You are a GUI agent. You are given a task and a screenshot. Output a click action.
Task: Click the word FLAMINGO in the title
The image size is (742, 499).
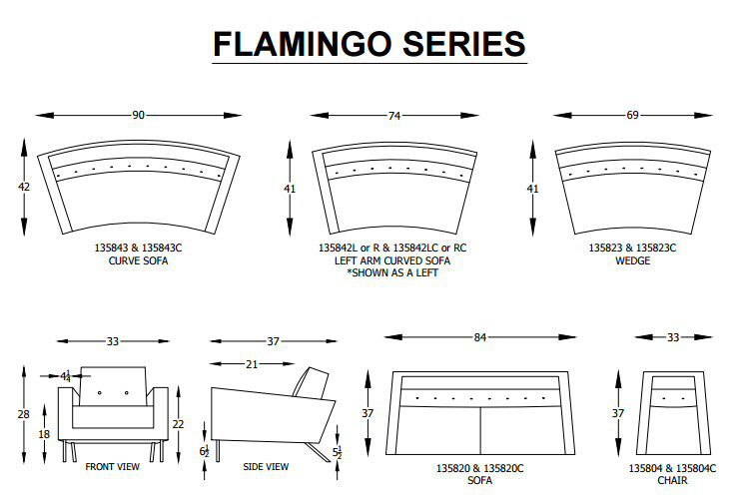[302, 44]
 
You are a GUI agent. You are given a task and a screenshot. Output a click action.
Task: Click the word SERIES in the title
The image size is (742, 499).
[464, 44]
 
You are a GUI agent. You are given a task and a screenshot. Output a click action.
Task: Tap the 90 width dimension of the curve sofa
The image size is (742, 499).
[138, 115]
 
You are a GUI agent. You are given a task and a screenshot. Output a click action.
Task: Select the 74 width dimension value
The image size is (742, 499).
[394, 116]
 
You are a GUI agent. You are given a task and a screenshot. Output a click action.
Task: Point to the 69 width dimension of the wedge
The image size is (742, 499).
[633, 115]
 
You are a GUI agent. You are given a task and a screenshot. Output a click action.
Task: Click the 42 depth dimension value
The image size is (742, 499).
[24, 187]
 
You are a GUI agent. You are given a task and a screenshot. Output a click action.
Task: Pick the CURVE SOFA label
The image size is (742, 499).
[138, 260]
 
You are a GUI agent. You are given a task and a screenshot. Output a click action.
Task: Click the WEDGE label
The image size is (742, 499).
[633, 260]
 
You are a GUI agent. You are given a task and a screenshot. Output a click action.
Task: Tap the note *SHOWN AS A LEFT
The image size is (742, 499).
[392, 272]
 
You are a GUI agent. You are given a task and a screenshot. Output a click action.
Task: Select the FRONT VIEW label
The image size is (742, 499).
[113, 467]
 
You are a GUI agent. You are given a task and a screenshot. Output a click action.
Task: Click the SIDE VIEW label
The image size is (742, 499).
[266, 467]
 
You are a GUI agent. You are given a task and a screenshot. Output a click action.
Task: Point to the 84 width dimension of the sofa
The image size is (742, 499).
[479, 337]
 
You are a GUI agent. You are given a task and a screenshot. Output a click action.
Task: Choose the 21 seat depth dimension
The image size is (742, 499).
[252, 364]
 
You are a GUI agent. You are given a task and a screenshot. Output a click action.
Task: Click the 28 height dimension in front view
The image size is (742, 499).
[23, 414]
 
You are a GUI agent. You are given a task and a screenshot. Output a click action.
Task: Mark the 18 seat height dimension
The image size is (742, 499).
[44, 434]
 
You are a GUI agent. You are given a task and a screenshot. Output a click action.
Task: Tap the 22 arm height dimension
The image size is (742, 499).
[178, 424]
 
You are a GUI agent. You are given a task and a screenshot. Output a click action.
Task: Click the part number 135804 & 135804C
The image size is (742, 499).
[672, 468]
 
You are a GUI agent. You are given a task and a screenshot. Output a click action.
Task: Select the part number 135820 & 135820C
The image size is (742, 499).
[479, 468]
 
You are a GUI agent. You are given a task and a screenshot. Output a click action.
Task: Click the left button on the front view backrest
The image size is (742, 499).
[100, 392]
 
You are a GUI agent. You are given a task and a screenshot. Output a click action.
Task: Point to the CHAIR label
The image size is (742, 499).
[672, 481]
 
